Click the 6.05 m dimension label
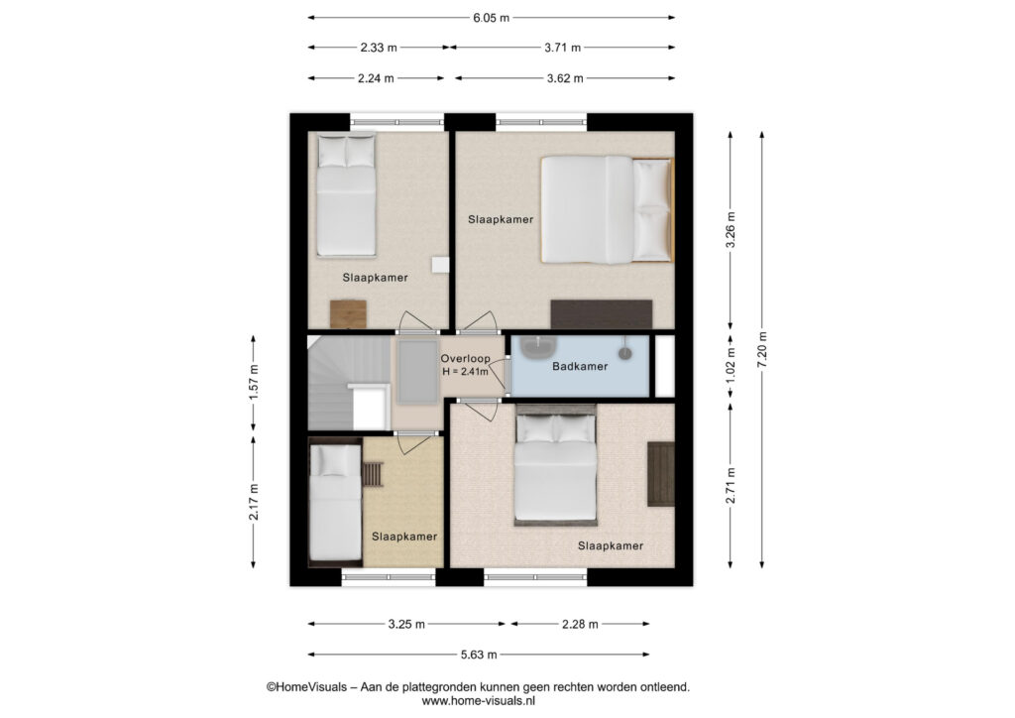pos(492,18)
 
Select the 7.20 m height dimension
pos(762,350)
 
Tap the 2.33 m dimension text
pos(379,48)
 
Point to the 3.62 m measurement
pos(564,78)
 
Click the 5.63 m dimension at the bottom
pos(479,655)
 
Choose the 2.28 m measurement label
pos(580,624)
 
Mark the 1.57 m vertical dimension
pos(253,382)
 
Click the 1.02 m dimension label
pos(731,367)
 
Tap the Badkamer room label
pos(580,367)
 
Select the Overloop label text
pos(466,359)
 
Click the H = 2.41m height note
pos(466,372)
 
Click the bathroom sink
pos(538,347)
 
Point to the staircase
pos(349,383)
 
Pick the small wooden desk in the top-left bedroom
pos(348,314)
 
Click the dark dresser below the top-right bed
pos(602,314)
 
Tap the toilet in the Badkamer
pos(625,350)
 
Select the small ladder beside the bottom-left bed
pos(373,473)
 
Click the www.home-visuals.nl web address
pos(479,700)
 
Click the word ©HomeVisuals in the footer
pos(307,687)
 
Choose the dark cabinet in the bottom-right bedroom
pos(661,474)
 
